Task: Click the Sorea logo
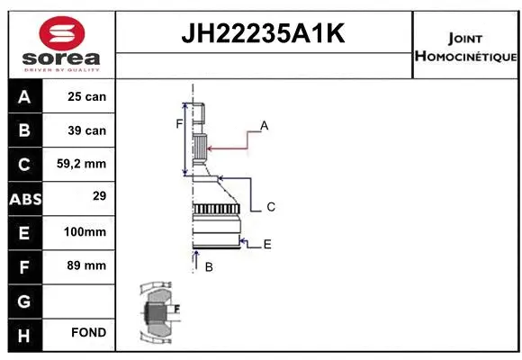click(x=61, y=43)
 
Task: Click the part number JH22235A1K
click(x=264, y=35)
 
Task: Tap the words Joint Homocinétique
click(x=465, y=47)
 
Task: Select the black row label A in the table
click(x=24, y=96)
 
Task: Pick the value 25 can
click(x=86, y=96)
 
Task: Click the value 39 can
click(x=86, y=130)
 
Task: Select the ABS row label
click(x=24, y=198)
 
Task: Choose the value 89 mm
click(x=86, y=265)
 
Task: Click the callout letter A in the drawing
click(x=265, y=125)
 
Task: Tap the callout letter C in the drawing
click(x=270, y=207)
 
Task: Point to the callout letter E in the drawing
click(x=267, y=244)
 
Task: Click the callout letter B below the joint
click(x=208, y=267)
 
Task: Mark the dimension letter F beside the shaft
click(x=179, y=123)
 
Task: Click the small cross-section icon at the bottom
click(x=158, y=312)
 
